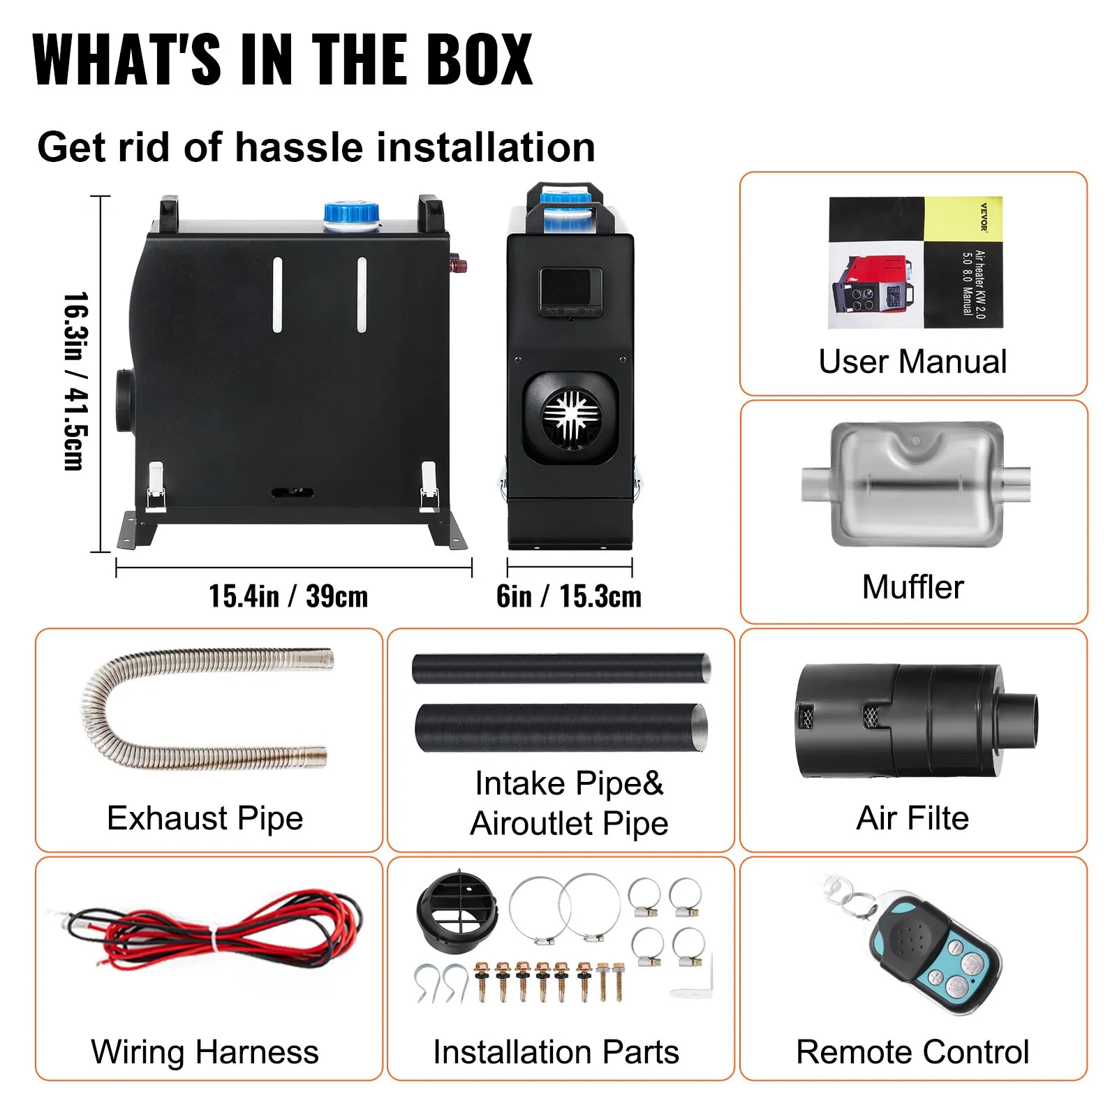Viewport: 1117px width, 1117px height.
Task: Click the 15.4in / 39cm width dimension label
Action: tap(288, 596)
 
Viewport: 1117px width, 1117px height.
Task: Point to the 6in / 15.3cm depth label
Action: tap(569, 596)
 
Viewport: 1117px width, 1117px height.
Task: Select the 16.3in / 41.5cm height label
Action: tap(75, 381)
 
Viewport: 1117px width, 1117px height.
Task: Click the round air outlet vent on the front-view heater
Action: tap(572, 417)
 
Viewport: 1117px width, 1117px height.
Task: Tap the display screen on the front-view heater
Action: tap(570, 287)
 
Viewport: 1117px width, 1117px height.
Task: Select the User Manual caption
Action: tap(912, 362)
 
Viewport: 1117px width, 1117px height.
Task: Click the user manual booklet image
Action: tap(915, 262)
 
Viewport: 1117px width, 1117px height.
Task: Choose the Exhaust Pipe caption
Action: tap(205, 818)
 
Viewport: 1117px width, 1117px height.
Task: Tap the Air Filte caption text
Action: tap(912, 818)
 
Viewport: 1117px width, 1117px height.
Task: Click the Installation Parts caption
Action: tap(556, 1051)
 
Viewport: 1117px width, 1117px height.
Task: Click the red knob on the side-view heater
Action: tap(459, 265)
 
